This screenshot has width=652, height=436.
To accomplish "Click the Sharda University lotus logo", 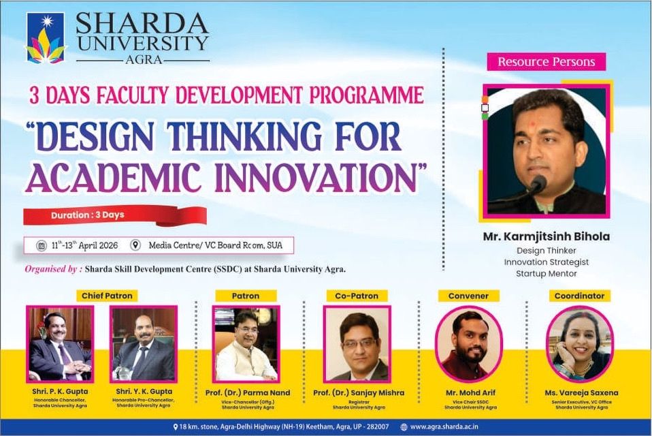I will (x=46, y=38).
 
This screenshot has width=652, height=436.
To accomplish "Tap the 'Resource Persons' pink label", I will (x=546, y=62).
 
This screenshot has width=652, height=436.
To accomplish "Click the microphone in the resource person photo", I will (x=538, y=185).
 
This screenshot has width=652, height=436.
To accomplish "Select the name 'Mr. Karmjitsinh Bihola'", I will (x=546, y=237).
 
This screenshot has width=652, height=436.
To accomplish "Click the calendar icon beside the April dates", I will (x=41, y=245).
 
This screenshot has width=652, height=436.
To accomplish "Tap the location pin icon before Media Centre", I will (x=135, y=245).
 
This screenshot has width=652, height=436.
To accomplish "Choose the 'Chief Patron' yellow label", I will (x=107, y=296).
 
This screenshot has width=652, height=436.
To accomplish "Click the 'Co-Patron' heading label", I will (x=357, y=296).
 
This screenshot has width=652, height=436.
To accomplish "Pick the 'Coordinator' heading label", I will (x=579, y=296).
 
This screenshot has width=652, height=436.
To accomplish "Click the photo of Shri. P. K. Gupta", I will (x=60, y=343).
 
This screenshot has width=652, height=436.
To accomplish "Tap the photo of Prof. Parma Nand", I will (x=246, y=343).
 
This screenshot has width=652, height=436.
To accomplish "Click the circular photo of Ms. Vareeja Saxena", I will (x=579, y=343).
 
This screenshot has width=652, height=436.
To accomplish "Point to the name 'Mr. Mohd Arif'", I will (x=468, y=392).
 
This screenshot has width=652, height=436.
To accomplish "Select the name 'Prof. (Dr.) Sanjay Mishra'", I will (x=358, y=392).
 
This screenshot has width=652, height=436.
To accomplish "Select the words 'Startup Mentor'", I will (x=546, y=274).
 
